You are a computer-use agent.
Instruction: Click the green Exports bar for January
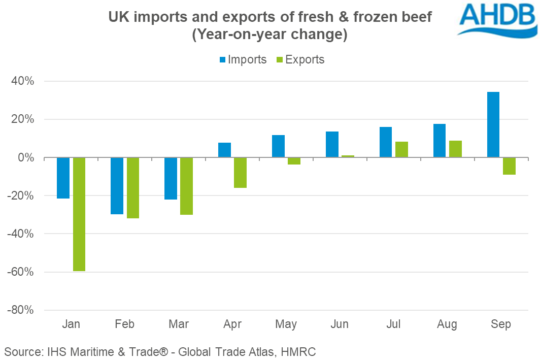[79, 214]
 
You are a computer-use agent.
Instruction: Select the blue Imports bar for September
[493, 124]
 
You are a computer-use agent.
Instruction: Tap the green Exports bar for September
[509, 166]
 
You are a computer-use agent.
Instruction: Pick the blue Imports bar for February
[117, 186]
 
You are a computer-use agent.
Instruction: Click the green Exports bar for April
[241, 173]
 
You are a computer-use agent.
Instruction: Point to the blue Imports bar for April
[225, 150]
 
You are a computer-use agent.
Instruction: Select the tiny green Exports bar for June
[348, 156]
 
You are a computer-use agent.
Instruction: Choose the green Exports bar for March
[187, 186]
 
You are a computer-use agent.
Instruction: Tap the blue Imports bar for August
[440, 141]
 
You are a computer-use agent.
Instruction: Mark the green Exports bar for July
[401, 150]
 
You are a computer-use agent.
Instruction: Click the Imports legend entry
[243, 59]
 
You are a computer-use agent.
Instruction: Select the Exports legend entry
[300, 59]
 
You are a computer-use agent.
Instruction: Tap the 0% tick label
[26, 158]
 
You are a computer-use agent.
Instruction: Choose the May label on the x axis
[286, 324]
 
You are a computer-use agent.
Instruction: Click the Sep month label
[501, 324]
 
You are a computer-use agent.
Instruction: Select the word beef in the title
[415, 18]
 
